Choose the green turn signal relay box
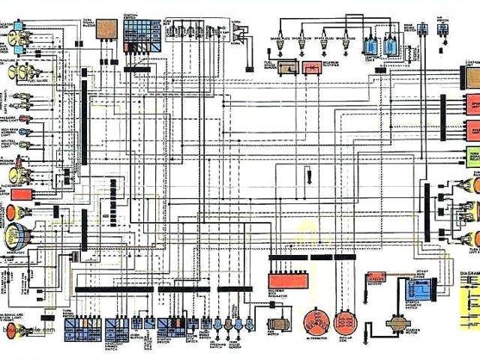click(x=473, y=156)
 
